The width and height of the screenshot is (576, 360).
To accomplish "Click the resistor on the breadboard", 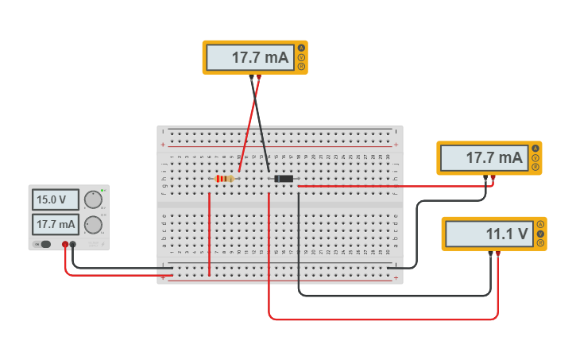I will pos(225,179).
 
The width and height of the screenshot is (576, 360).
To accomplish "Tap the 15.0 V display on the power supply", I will pos(56,199).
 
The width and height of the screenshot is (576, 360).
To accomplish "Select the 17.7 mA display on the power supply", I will pos(56,224).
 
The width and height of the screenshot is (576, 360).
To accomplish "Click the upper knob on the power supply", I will pos(94,199).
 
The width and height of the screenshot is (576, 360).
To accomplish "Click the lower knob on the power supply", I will pos(94,224).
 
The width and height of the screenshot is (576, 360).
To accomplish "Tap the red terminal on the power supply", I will pos(65,245).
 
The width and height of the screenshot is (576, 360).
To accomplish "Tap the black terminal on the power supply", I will pos(73,245).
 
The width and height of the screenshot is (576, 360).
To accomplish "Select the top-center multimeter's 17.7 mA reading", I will pos(249,57).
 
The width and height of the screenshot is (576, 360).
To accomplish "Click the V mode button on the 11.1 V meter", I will pos(540,234).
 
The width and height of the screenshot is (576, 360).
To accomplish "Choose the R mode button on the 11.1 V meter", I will pos(540,243).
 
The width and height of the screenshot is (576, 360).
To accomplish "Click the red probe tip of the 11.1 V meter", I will pos(498,254).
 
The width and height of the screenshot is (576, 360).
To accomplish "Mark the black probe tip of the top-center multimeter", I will pos(251,77).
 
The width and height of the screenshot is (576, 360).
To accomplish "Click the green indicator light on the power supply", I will pos(102,191).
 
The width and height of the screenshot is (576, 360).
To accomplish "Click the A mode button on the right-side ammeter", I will pos(535,149).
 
